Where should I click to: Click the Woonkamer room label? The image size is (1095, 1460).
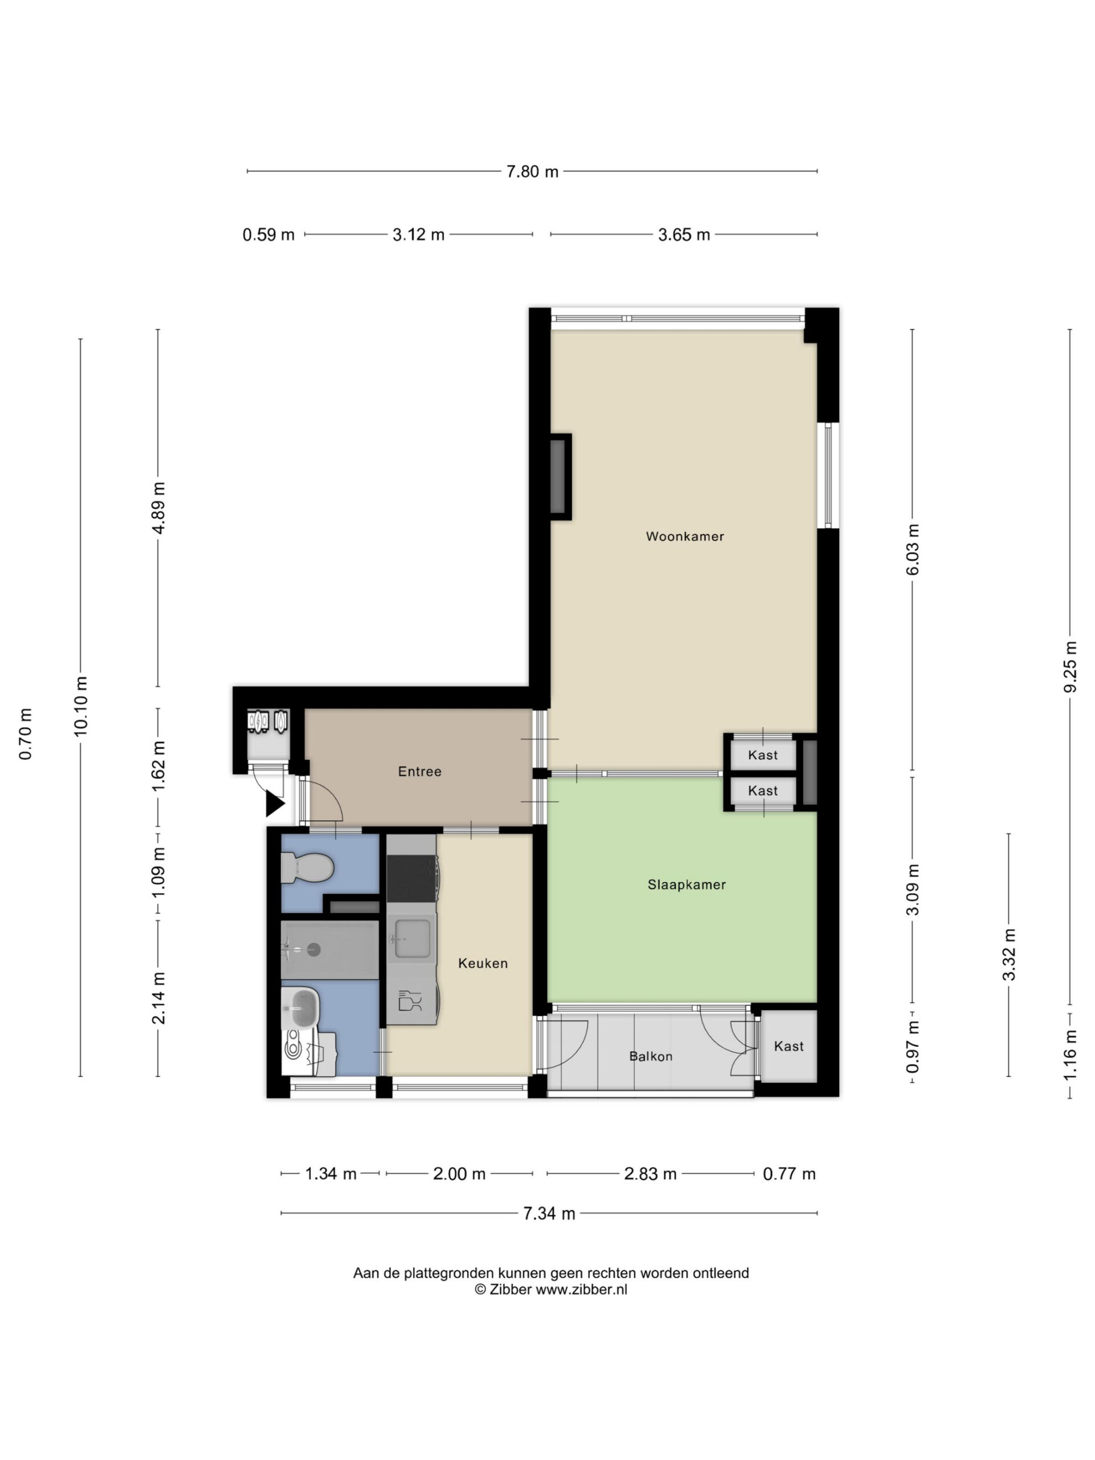point(684,537)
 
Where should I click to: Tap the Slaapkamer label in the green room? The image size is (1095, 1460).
point(687,885)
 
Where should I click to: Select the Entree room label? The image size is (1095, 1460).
point(420,772)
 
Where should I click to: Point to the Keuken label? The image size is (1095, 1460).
point(483,964)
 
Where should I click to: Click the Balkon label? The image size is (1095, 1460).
point(651,1057)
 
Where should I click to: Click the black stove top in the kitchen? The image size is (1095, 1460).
point(411,878)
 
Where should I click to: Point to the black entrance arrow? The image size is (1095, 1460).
point(274,805)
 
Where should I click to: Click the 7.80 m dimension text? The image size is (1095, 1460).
point(532,172)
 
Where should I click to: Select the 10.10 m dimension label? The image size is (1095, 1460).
point(80,706)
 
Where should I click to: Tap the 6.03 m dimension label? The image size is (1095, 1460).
point(913,550)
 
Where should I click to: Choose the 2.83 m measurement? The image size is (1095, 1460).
point(650,1174)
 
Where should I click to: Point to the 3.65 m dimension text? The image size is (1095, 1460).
point(684,235)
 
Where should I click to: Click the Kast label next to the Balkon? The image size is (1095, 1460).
point(789,1046)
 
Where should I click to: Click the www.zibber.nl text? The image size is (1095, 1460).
point(581,1289)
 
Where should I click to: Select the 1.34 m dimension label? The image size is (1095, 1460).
point(331,1174)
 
